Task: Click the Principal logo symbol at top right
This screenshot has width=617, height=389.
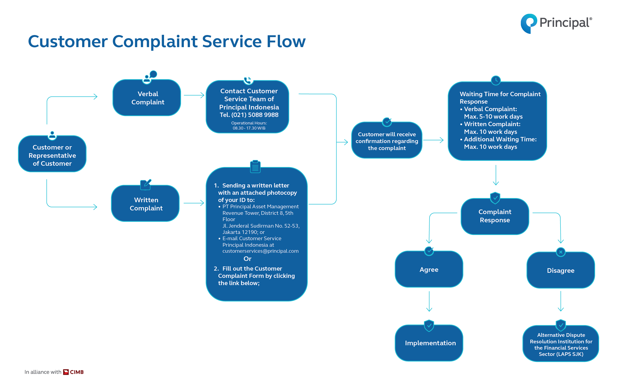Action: tap(529, 23)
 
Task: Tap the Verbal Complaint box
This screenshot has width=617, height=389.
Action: tap(147, 98)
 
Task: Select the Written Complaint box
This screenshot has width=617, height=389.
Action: tap(145, 203)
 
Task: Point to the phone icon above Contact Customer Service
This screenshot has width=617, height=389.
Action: tap(248, 80)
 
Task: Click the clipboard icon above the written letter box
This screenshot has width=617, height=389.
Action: tap(255, 166)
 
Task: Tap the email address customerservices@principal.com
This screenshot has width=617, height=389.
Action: tap(260, 251)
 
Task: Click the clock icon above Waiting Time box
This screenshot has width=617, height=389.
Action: tap(496, 80)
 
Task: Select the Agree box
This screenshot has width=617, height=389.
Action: tap(429, 269)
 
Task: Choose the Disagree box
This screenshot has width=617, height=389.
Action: tap(561, 270)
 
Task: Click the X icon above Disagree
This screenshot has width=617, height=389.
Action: tap(561, 252)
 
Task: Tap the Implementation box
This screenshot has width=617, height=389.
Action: tap(429, 343)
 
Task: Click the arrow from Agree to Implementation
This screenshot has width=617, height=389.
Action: tap(429, 301)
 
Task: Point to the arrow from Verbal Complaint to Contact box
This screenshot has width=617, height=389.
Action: tap(194, 95)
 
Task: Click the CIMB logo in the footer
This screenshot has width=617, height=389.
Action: tap(73, 372)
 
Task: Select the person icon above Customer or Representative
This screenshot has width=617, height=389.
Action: tap(52, 135)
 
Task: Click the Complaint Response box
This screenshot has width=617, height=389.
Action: tap(495, 216)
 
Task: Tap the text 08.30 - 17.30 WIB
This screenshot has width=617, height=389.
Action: tap(249, 128)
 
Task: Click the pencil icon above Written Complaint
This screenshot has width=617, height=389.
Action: tap(146, 185)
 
